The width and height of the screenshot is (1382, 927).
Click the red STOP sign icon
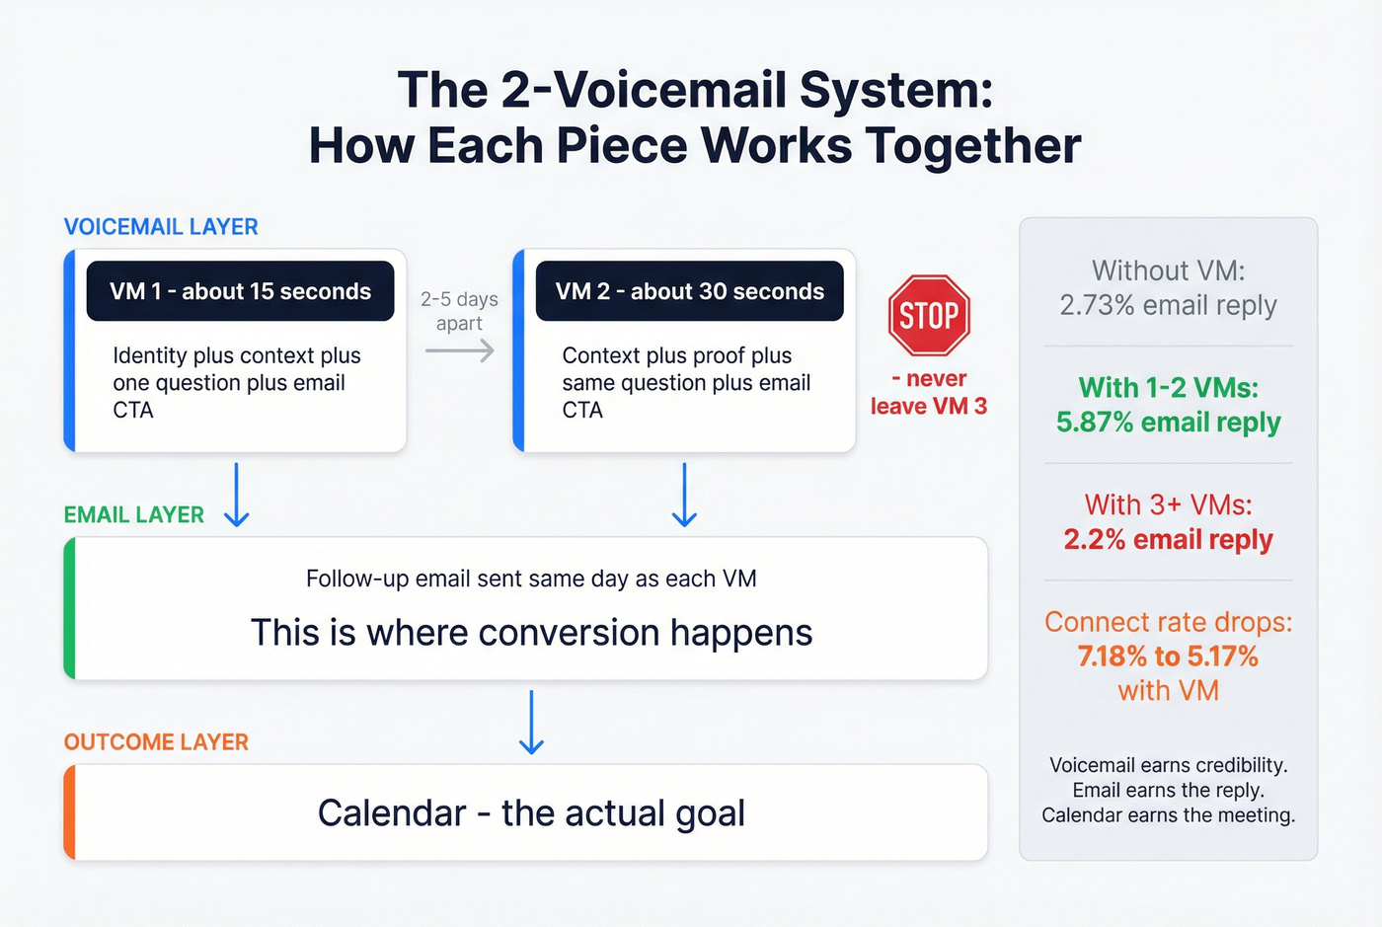click(929, 315)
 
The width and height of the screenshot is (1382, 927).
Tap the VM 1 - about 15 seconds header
click(240, 291)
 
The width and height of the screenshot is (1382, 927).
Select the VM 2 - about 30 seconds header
click(689, 291)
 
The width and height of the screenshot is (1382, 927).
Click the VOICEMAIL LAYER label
click(161, 227)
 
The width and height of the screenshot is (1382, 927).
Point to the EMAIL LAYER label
click(134, 515)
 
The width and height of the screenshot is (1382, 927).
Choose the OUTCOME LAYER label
click(156, 742)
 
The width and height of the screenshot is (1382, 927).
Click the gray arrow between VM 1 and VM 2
click(460, 350)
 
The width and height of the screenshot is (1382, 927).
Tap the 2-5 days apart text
click(459, 311)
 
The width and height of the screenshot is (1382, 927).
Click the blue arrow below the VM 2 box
click(684, 495)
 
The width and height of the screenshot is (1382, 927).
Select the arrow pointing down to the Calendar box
click(532, 723)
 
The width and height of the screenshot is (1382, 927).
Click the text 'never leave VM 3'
click(929, 393)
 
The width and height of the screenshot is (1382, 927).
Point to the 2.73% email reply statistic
click(1168, 306)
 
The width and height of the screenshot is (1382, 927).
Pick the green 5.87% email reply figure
click(1168, 423)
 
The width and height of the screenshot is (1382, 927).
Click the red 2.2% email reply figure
click(1168, 540)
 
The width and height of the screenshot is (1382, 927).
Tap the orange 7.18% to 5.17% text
click(1168, 657)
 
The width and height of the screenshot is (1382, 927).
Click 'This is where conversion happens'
click(531, 633)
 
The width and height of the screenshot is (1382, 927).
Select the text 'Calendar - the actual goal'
click(531, 813)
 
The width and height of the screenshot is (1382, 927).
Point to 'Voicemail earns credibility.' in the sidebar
click(1168, 765)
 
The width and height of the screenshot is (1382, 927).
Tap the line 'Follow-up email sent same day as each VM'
click(531, 579)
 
